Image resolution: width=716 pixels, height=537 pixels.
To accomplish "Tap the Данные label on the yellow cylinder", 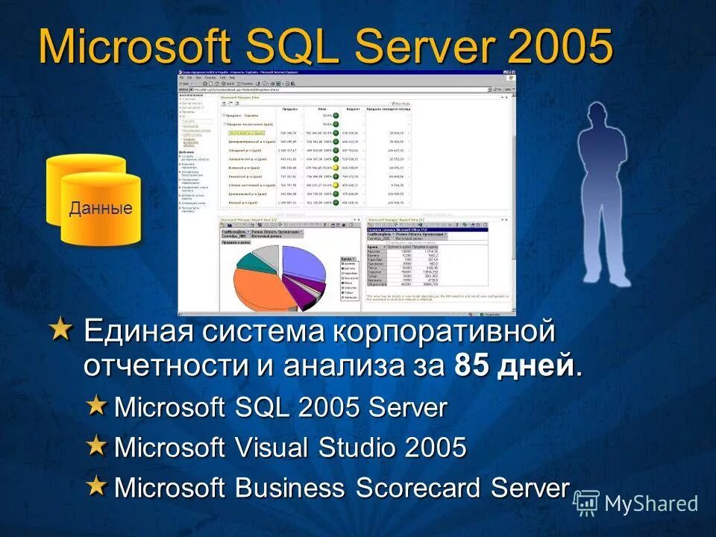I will click(100, 208).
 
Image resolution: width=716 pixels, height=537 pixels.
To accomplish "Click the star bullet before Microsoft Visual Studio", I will click(96, 446).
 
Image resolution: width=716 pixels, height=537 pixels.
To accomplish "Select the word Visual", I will click(271, 447).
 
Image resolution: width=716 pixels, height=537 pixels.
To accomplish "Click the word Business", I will click(290, 488).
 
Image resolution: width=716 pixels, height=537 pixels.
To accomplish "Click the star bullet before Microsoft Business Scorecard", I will click(96, 486).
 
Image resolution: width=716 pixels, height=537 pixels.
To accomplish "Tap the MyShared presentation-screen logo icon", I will click(586, 503).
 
